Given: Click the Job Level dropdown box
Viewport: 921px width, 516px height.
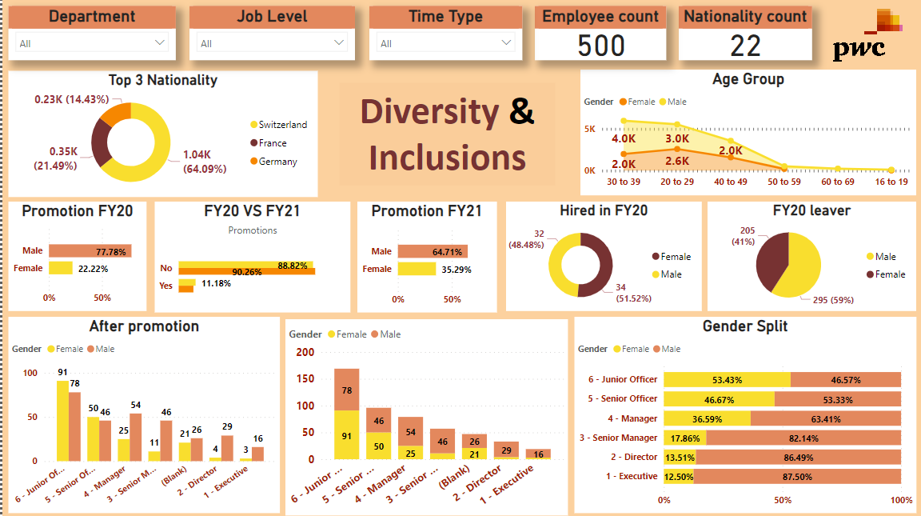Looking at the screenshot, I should (x=272, y=43).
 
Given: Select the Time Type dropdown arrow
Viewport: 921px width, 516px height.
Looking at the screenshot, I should (x=506, y=42).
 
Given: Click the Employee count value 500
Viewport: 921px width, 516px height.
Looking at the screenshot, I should (x=601, y=46).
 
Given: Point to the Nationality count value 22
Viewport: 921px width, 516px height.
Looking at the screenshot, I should (x=745, y=46).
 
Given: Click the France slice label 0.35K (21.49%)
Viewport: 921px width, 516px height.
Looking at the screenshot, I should (x=55, y=158).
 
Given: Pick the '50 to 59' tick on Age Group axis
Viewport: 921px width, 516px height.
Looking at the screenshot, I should (x=783, y=182).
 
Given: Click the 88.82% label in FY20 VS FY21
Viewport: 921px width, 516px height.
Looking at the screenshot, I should (x=293, y=265).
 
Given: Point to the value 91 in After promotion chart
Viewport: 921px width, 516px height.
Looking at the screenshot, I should (x=62, y=372).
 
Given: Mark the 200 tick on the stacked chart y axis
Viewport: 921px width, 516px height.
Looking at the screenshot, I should (x=305, y=352).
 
